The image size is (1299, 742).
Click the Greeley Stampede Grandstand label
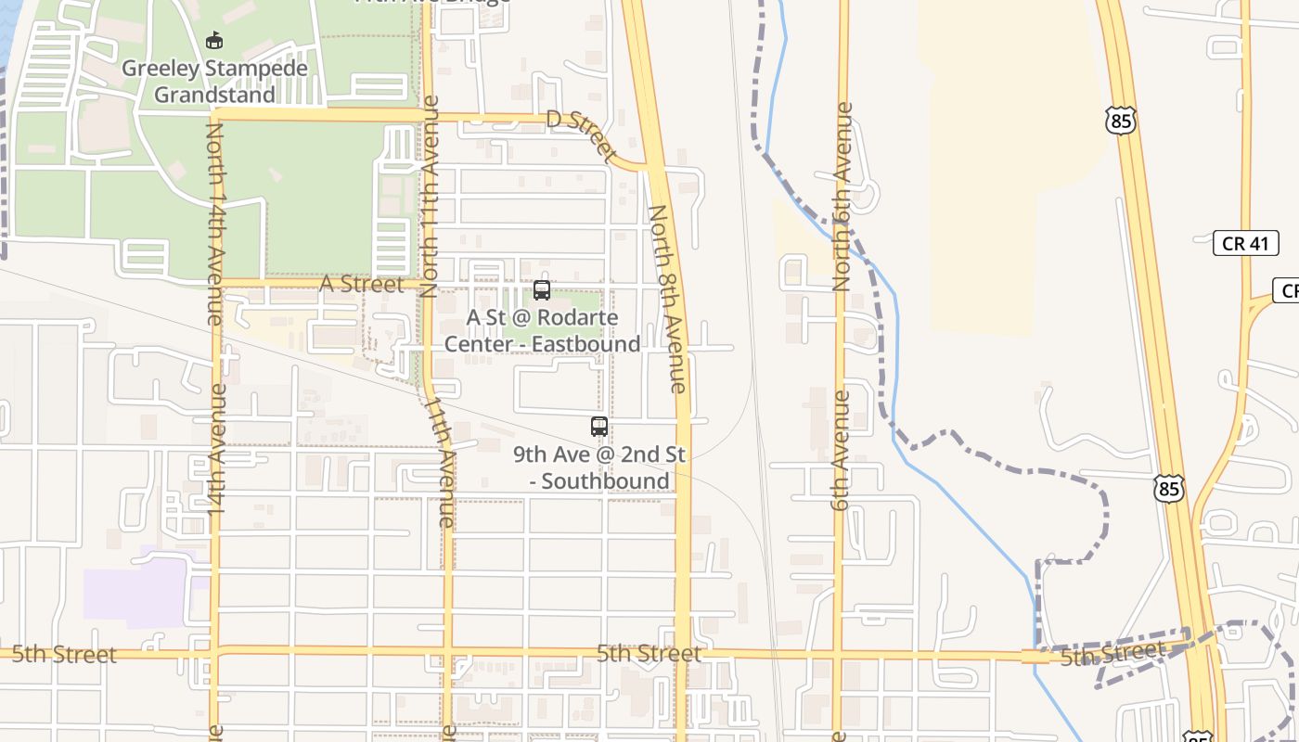(x=214, y=82)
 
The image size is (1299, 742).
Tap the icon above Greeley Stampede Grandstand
(x=214, y=41)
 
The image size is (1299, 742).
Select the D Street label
(x=582, y=134)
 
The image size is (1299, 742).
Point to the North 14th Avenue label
(x=214, y=224)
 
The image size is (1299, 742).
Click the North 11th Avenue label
(x=430, y=196)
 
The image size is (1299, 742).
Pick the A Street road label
(x=362, y=284)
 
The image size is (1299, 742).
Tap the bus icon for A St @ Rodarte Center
(x=542, y=290)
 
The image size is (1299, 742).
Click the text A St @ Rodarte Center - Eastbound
(x=542, y=331)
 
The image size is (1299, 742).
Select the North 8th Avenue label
(x=668, y=299)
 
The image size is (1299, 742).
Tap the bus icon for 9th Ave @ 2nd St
(x=599, y=427)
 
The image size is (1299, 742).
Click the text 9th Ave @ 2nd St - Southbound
(x=599, y=467)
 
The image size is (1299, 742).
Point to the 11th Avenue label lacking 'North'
(x=440, y=463)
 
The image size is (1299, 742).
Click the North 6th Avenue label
(x=842, y=197)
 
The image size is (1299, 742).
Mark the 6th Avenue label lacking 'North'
(x=841, y=451)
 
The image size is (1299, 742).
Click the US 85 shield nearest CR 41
(x=1121, y=119)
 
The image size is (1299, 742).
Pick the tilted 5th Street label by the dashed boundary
(x=1112, y=654)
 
